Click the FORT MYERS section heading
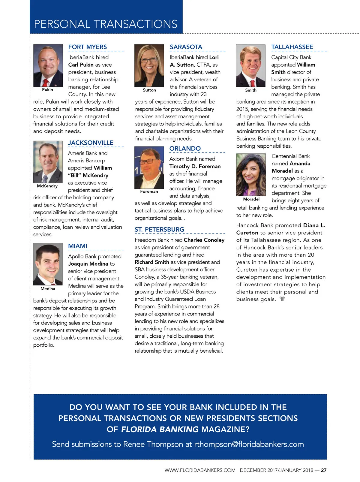coord(87,47)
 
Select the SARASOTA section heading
coord(186,47)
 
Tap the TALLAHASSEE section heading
coord(292,47)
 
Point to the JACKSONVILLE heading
coord(91,143)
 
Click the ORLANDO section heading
coord(185,149)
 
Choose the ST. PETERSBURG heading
coord(159,230)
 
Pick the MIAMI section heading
coord(78,246)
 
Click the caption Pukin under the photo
coord(47,90)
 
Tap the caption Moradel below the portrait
coord(251,199)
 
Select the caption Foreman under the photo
coord(149,191)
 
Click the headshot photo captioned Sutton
coord(149,65)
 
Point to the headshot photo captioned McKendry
coord(48,162)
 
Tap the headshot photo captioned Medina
coord(48,264)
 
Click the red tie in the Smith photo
coord(252,83)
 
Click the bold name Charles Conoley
coord(204,240)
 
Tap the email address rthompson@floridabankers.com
coord(249,444)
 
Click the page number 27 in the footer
coord(324,470)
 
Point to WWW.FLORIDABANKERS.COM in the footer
coord(200,470)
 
